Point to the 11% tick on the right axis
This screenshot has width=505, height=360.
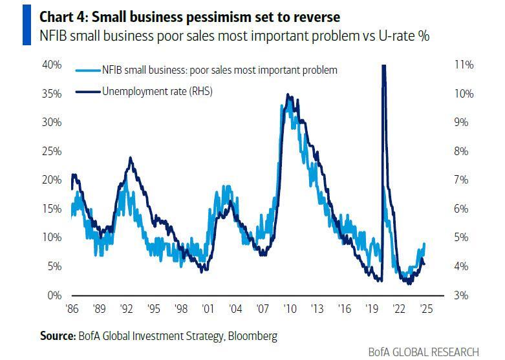tap(464, 65)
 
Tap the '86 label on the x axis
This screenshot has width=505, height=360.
tap(71, 308)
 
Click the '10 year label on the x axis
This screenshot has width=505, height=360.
tap(288, 308)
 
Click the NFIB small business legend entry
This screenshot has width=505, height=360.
tap(219, 70)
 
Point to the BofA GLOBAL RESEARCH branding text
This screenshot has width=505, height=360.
tap(424, 352)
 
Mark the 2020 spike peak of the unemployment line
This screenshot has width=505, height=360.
tap(383, 67)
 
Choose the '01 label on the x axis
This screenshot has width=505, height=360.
tap(208, 308)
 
